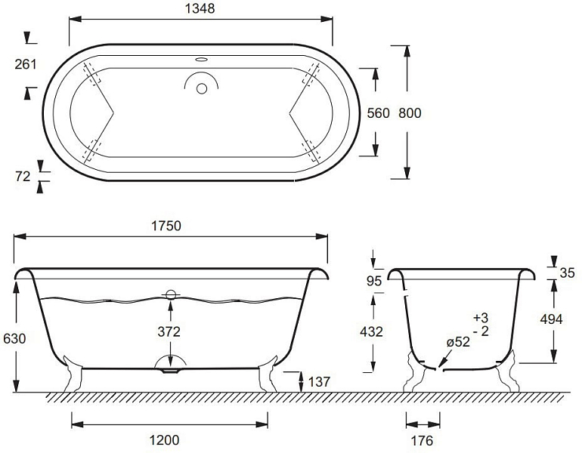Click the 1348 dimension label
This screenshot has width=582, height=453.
[200, 8]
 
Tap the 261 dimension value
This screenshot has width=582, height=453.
[26, 64]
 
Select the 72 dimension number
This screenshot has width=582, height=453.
[23, 177]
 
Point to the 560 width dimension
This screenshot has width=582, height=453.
[378, 113]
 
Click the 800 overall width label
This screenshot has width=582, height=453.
[410, 113]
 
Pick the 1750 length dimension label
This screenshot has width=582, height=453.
[166, 226]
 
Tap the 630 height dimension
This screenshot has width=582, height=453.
[14, 338]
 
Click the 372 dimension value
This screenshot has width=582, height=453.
[169, 331]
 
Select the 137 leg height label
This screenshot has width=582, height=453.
[319, 381]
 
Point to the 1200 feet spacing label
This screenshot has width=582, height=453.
[164, 440]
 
